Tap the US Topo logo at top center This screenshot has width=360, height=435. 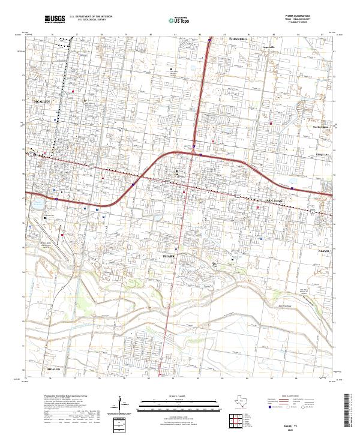[x=178, y=19]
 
